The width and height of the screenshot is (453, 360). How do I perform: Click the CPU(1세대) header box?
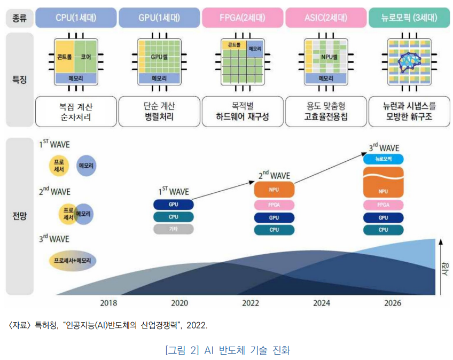tap(76, 18)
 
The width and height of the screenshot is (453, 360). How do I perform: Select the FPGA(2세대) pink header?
tap(243, 18)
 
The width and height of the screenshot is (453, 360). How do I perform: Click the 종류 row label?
tap(19, 18)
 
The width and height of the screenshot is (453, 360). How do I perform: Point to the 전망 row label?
tap(19, 216)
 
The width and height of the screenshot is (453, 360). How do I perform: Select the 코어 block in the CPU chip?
tap(85, 56)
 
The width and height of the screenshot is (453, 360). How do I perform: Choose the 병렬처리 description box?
tap(159, 111)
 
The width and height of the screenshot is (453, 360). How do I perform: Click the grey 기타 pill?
tap(173, 229)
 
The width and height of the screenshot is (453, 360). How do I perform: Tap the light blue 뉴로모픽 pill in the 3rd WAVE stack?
tap(383, 159)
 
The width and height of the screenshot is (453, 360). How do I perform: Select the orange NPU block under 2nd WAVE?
tap(274, 190)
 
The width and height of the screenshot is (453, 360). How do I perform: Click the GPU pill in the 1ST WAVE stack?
tap(173, 204)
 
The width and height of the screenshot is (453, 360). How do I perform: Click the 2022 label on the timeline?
tap(251, 303)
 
